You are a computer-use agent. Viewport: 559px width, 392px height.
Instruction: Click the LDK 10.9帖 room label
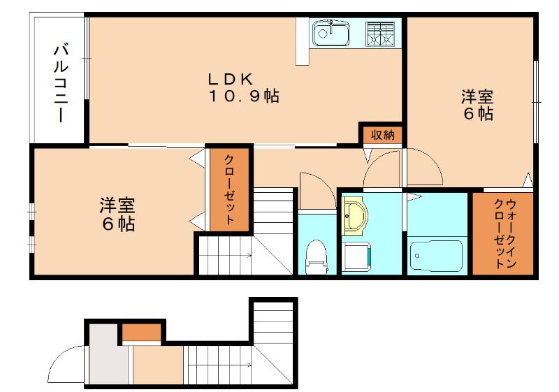242,87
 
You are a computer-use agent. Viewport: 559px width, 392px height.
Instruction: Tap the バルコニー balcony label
60,82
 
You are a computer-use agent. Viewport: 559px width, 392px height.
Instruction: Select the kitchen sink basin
330,32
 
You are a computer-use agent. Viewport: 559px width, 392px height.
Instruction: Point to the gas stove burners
380,33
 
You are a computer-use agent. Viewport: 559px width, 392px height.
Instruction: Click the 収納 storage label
382,135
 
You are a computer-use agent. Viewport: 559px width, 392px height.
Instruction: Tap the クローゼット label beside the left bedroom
228,190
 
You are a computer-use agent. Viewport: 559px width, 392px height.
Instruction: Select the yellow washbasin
355,216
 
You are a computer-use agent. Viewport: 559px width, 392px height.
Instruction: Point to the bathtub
437,255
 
